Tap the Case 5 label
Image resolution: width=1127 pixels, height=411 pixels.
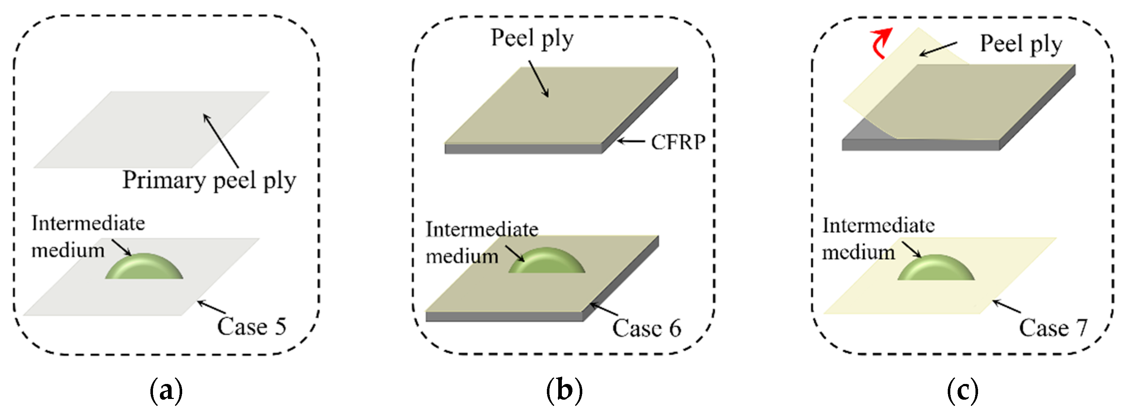tap(252, 327)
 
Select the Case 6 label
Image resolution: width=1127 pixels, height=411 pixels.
tap(646, 328)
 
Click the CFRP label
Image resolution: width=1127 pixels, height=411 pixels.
tap(678, 142)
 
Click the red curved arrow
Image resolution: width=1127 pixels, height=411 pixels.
tap(880, 43)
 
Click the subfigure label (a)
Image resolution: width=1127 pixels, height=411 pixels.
tap(166, 390)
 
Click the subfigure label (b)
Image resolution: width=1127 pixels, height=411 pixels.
tap(564, 390)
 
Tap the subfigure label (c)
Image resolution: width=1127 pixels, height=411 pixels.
tap(962, 390)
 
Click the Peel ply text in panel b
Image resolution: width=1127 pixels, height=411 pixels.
tap(532, 38)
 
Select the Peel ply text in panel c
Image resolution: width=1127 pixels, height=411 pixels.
tap(1021, 44)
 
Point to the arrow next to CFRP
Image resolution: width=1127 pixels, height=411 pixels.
tap(630, 141)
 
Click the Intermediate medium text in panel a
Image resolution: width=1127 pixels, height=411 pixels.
tap(88, 237)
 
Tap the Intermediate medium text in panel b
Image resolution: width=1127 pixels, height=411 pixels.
tap(481, 243)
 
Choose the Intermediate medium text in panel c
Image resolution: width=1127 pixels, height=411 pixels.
tap(878, 239)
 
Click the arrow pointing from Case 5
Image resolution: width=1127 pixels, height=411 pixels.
tap(211, 307)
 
